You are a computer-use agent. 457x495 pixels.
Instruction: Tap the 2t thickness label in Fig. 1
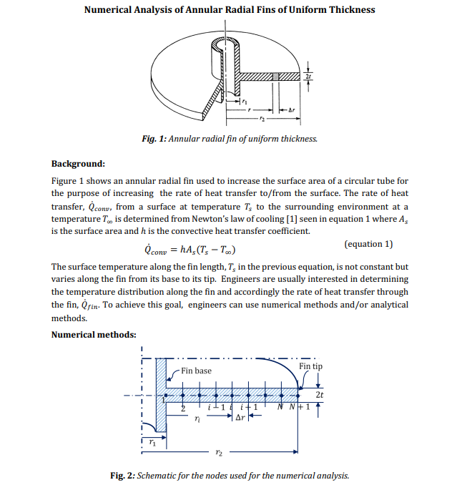(308, 76)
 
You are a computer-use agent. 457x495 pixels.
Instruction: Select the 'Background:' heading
(78, 164)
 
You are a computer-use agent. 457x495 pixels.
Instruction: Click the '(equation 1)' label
(368, 244)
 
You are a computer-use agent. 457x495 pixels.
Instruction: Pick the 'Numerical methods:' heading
(94, 334)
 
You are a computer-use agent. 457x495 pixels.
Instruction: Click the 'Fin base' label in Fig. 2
(196, 371)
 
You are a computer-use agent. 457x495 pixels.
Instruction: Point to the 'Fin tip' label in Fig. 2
(310, 366)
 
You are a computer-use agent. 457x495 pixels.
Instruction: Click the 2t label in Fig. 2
(319, 394)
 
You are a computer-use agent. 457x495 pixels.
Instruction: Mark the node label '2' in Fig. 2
(182, 407)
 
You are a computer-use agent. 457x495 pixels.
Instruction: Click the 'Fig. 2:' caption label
(122, 475)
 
